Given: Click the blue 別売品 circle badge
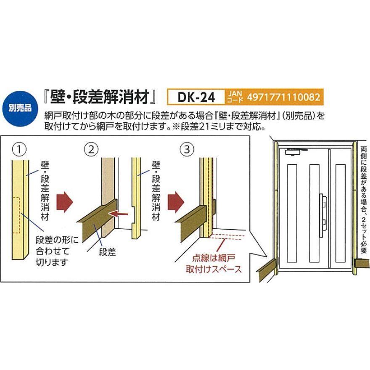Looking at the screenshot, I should (x=20, y=108).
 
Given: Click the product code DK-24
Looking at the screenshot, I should (x=196, y=98).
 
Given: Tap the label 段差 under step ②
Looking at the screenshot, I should (x=107, y=252).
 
